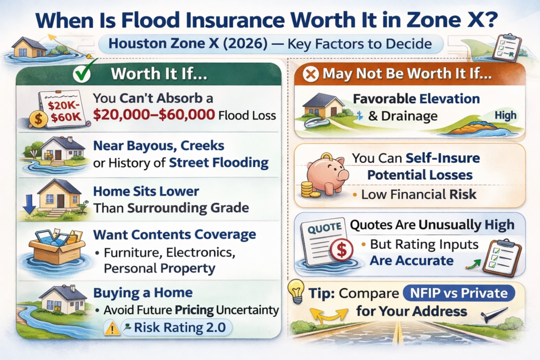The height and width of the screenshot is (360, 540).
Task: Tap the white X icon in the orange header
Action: click(x=312, y=74)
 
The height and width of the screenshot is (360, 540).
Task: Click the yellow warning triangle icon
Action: click(x=112, y=329)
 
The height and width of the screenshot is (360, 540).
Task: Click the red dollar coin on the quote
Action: click(x=341, y=249)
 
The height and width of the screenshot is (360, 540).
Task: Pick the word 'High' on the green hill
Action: click(x=505, y=115)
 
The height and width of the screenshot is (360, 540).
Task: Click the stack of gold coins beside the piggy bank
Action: click(x=307, y=189)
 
